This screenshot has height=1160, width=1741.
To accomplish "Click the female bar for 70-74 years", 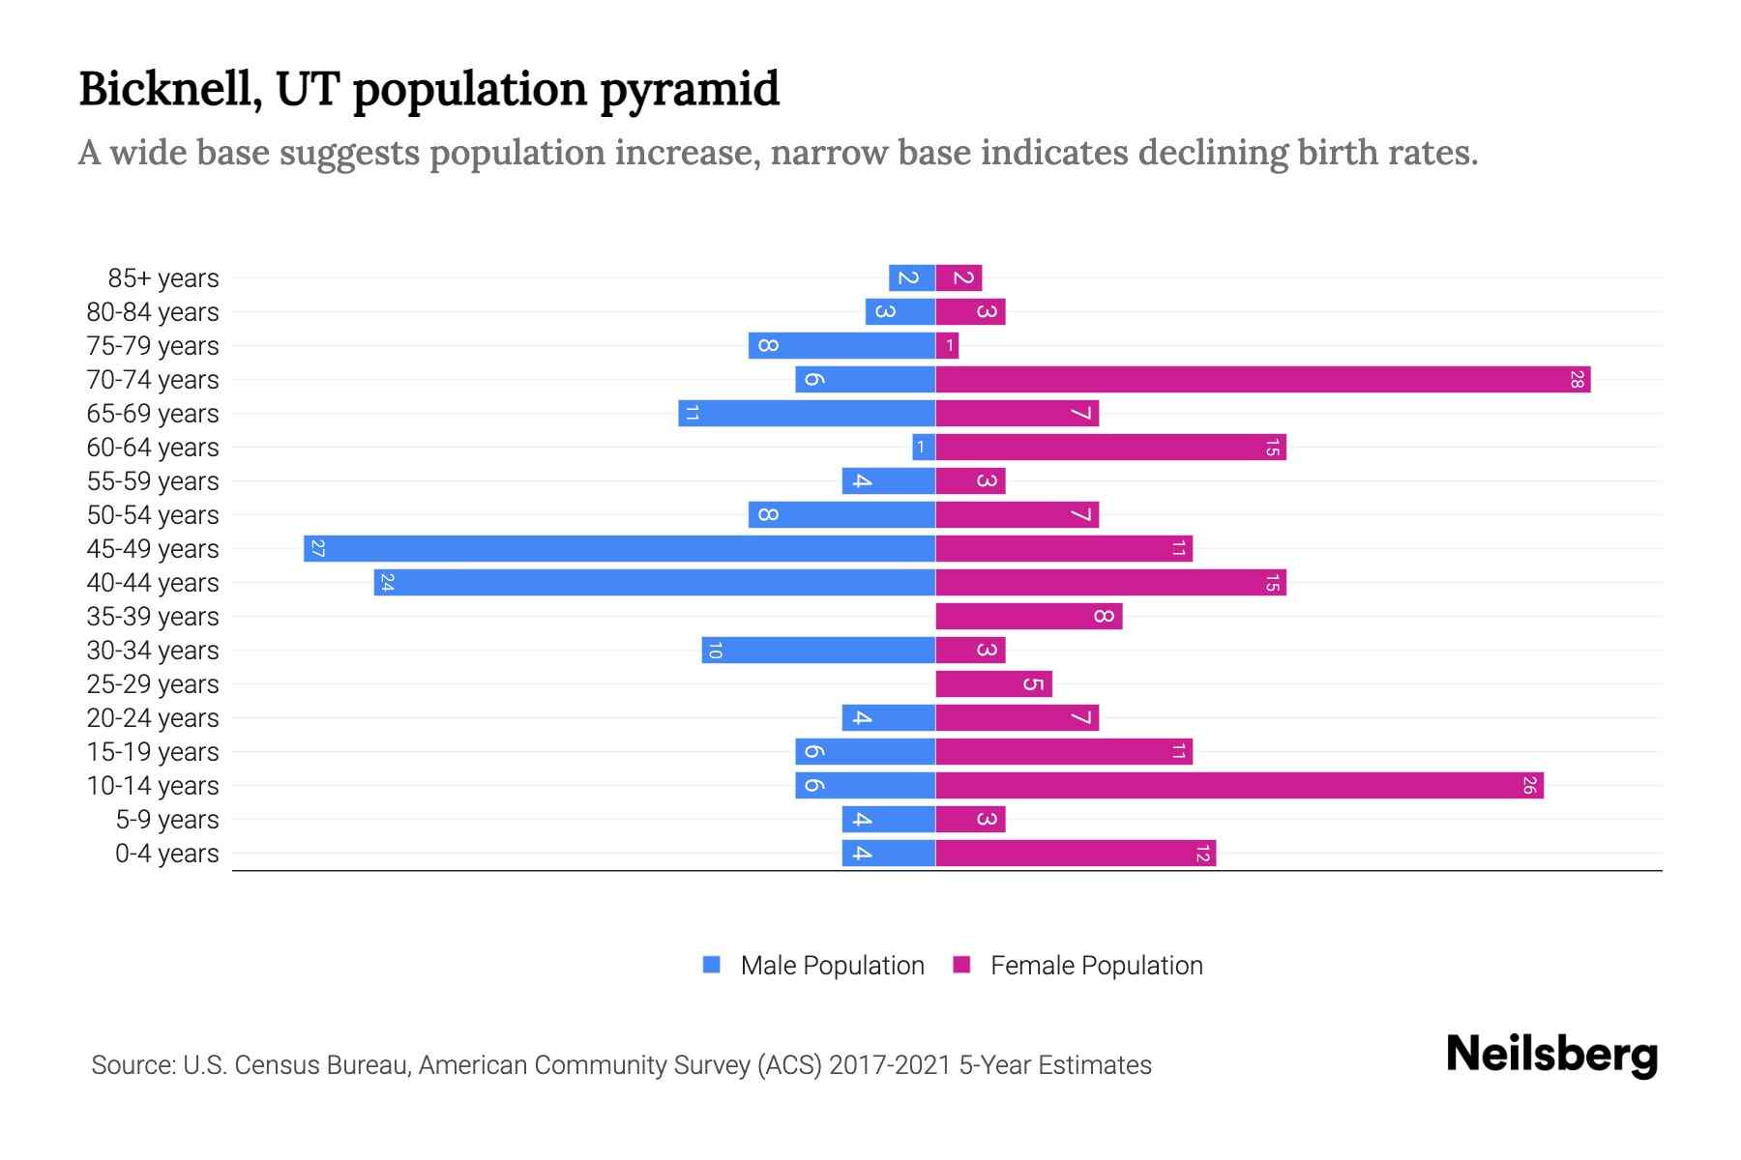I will point(1262,380).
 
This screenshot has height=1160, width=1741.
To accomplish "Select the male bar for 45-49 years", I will point(619,549).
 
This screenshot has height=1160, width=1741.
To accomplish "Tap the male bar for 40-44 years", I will point(655,583).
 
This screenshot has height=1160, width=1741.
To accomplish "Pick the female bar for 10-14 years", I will point(1239,786).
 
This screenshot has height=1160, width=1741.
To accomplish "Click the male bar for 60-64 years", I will point(924,448).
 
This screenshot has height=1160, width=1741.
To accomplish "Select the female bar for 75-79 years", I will point(947,346).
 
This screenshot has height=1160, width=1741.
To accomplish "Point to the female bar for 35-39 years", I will point(1028,617).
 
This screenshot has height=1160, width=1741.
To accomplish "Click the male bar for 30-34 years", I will point(818,651).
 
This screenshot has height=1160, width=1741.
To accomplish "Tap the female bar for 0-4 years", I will point(1075,854).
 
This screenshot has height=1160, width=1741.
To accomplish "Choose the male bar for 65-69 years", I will point(807,414).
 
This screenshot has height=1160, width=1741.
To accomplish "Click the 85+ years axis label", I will point(163,278).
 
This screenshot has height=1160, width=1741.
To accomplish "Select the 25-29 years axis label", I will point(153,684).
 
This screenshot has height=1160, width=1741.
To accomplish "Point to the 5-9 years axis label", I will point(167,820).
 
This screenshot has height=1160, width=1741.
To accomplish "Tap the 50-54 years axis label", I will point(153,515).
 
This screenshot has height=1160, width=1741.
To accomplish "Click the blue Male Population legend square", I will point(712,965).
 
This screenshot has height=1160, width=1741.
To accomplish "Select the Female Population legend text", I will point(1096,966).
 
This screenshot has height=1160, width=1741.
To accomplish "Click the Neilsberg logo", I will point(1551,1055).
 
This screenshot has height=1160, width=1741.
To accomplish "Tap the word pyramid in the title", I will point(689,91).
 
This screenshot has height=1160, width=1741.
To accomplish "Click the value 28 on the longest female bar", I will point(1577,380).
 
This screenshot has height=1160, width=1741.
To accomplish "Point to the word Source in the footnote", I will point(133,1065).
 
